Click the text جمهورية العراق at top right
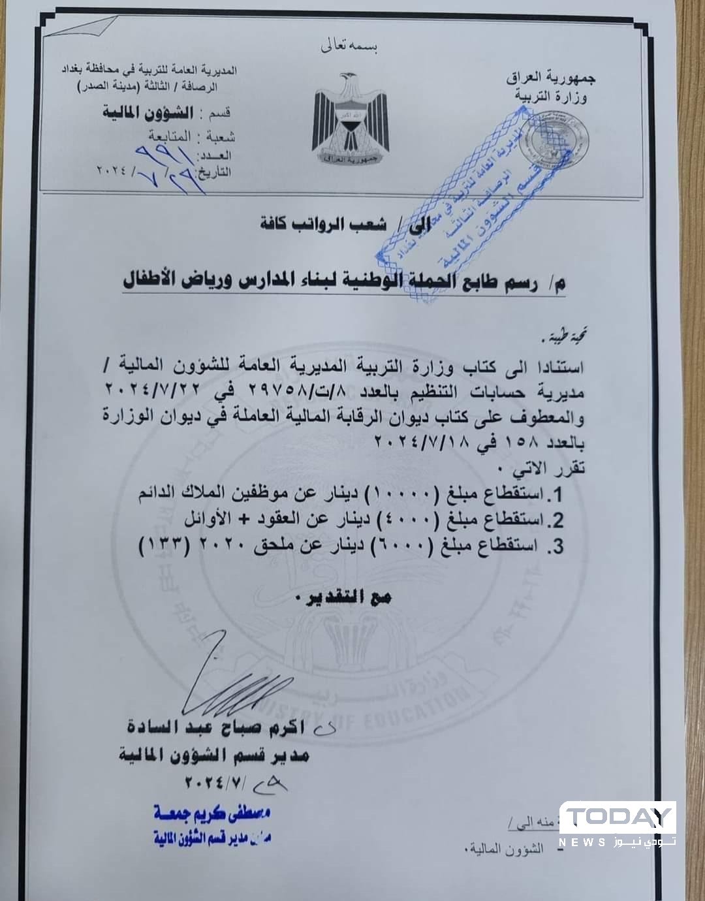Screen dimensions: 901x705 [x=551, y=79]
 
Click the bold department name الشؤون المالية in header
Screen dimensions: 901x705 [x=149, y=112]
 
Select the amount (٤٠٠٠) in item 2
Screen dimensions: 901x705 [x=396, y=520]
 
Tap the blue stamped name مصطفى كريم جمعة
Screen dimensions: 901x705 [x=207, y=814]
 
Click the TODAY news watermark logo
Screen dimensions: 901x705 [x=618, y=827]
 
